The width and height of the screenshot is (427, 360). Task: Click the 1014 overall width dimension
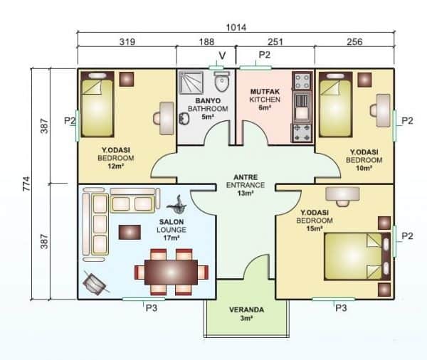tap(236, 28)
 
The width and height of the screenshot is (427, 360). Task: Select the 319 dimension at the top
tap(127, 42)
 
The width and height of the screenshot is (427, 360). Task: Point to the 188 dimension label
tap(206, 42)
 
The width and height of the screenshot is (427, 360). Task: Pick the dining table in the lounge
tap(171, 272)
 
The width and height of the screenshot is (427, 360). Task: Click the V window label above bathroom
tap(221, 55)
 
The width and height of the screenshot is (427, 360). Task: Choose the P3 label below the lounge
tap(151, 308)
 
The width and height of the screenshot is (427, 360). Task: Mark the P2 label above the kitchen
tap(264, 55)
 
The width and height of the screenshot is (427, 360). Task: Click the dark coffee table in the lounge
tap(130, 232)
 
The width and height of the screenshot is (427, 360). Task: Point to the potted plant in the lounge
tap(178, 203)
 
